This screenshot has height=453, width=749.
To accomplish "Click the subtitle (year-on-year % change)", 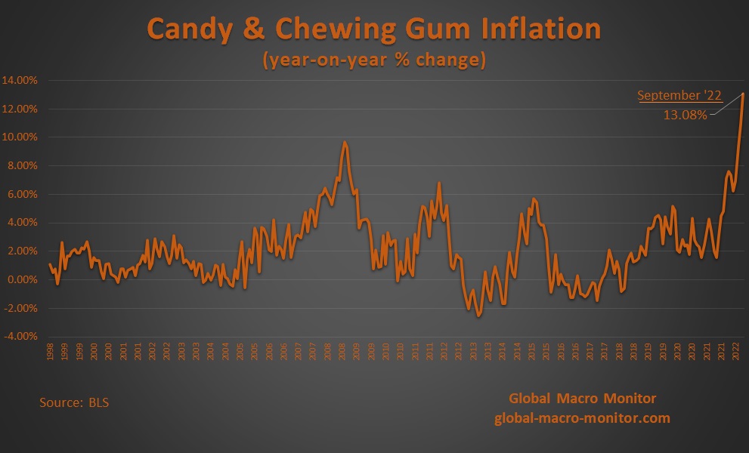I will (374, 60).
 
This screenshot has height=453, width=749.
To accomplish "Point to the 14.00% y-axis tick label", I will (23, 80).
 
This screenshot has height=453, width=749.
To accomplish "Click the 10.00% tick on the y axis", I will (23, 137).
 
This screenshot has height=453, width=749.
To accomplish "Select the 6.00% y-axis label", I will (25, 194).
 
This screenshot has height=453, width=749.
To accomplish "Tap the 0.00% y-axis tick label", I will (25, 279).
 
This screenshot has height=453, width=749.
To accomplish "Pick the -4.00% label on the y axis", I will (23, 337).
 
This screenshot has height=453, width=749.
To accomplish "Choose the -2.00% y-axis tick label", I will (23, 308).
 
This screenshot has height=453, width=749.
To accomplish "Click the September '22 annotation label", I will (679, 96).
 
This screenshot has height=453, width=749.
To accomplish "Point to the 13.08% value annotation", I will (685, 116).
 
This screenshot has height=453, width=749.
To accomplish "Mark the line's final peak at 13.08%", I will (743, 94).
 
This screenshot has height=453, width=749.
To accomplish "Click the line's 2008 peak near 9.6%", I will (345, 142).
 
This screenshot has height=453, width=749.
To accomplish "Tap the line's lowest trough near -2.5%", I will (478, 316).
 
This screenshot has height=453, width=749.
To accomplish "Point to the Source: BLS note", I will (74, 402).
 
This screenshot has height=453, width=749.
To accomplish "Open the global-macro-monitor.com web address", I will (582, 418).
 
